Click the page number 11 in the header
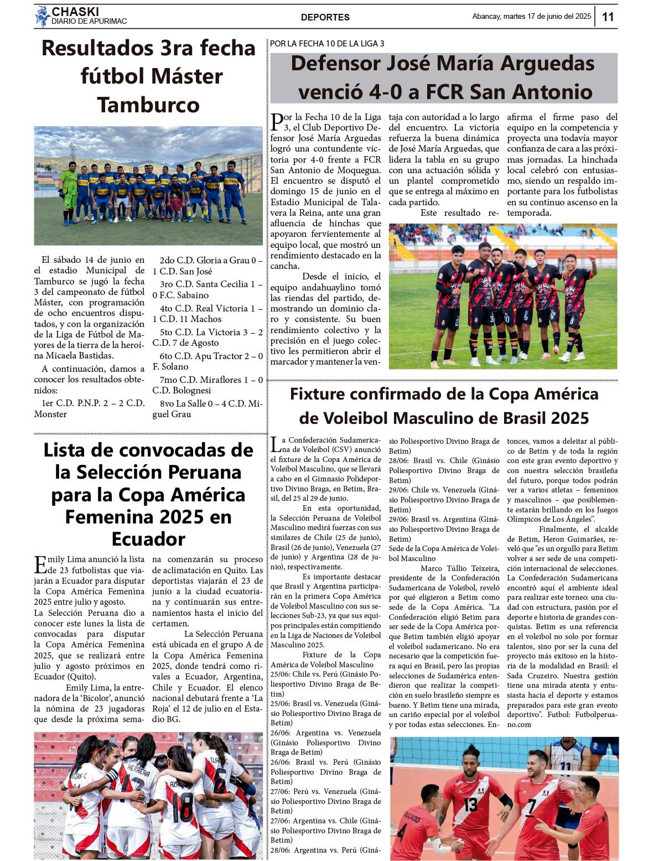pos(608,17)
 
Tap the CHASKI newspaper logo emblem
pos(42,16)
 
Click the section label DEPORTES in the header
pos(325,17)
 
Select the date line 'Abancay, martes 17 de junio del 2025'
pos(531,17)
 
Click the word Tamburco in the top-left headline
pos(148,105)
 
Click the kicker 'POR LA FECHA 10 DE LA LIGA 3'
pos(327,44)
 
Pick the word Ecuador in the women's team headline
pos(148,538)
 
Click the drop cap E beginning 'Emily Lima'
pos(40,564)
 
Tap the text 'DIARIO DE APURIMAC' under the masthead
pos(89,22)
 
